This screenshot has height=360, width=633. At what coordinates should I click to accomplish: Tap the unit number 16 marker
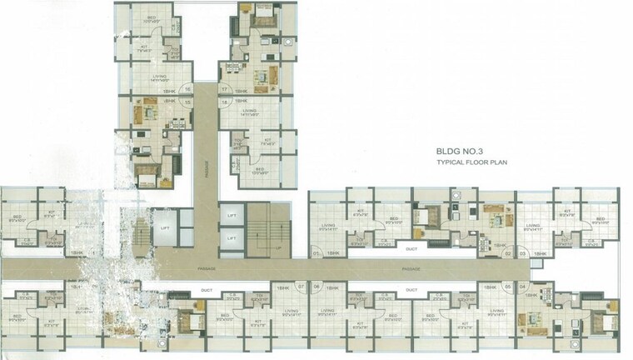click(x=188, y=87)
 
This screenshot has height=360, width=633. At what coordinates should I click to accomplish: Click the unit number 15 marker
click(x=188, y=101)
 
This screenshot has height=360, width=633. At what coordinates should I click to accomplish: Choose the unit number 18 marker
click(x=225, y=101)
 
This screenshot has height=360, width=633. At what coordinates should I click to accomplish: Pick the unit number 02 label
click(x=508, y=252)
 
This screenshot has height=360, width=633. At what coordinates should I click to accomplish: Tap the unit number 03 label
click(x=522, y=252)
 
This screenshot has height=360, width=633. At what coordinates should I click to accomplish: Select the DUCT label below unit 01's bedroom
click(x=410, y=247)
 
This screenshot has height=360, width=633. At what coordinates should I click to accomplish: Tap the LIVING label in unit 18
click(x=248, y=110)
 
